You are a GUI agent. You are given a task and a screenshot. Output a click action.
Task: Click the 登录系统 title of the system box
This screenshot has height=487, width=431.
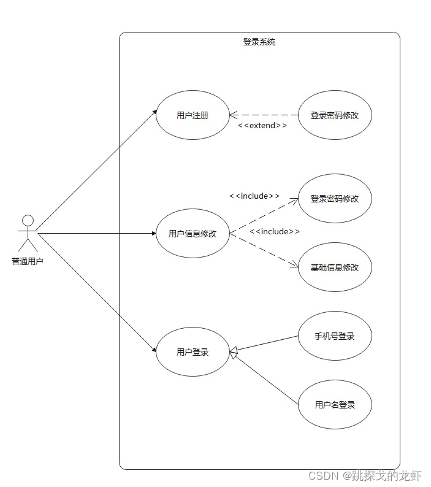(x=259, y=42)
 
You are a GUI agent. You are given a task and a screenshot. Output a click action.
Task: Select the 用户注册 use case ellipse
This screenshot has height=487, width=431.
(x=193, y=115)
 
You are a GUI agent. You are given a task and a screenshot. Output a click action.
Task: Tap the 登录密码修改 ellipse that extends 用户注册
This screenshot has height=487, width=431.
(x=335, y=115)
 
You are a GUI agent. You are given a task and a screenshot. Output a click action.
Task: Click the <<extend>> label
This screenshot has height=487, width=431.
(x=262, y=125)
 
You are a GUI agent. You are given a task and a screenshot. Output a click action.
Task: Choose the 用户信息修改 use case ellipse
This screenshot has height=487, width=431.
(x=193, y=233)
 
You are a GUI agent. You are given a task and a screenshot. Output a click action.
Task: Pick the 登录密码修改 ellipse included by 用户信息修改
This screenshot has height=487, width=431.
(x=335, y=199)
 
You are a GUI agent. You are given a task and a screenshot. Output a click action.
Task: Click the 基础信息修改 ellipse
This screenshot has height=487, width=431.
(x=335, y=267)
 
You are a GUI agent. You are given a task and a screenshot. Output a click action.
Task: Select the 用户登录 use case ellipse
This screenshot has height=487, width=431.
(x=193, y=352)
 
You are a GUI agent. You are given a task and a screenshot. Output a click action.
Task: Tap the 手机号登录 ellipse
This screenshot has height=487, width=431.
(x=335, y=336)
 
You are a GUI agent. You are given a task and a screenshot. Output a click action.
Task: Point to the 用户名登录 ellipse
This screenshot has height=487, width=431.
(x=335, y=405)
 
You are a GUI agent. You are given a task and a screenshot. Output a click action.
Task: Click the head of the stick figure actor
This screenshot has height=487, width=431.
(x=28, y=220)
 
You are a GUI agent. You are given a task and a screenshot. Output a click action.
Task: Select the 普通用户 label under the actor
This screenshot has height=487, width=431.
(x=28, y=261)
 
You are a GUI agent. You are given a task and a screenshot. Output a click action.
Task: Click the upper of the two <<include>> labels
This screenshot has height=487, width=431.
(x=254, y=196)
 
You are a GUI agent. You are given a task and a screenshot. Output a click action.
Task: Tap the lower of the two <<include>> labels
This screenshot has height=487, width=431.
(x=275, y=231)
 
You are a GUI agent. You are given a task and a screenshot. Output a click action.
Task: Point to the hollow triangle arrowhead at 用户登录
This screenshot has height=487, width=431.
(x=234, y=352)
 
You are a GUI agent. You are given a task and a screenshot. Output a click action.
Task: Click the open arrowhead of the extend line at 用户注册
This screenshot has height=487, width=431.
(x=233, y=115)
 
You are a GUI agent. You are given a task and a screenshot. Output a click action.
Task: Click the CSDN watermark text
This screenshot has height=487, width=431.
(x=364, y=475)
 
